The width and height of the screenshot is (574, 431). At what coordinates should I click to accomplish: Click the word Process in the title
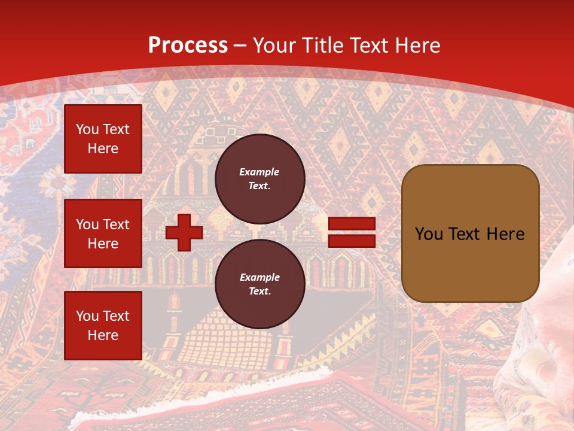coord(188,45)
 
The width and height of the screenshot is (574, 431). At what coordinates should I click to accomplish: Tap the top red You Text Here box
coord(103,139)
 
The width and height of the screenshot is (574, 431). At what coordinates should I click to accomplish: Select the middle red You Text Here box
coord(103,233)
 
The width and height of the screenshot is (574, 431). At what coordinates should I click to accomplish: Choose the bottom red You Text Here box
coord(103,325)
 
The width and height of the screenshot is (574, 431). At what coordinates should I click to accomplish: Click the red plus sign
coord(184,232)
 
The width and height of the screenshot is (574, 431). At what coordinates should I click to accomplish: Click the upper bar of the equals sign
coord(352,224)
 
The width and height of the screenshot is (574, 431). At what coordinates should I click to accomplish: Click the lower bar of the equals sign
coord(352,241)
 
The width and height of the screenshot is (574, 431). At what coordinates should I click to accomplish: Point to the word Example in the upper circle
coord(259,172)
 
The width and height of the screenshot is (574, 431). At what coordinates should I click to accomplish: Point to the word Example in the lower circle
coord(259,277)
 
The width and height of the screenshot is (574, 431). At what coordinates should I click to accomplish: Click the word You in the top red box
coord(87,129)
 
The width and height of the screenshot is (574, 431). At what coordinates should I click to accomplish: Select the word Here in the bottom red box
coord(103,335)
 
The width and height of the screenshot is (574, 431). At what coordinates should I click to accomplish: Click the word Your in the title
coord(274,45)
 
